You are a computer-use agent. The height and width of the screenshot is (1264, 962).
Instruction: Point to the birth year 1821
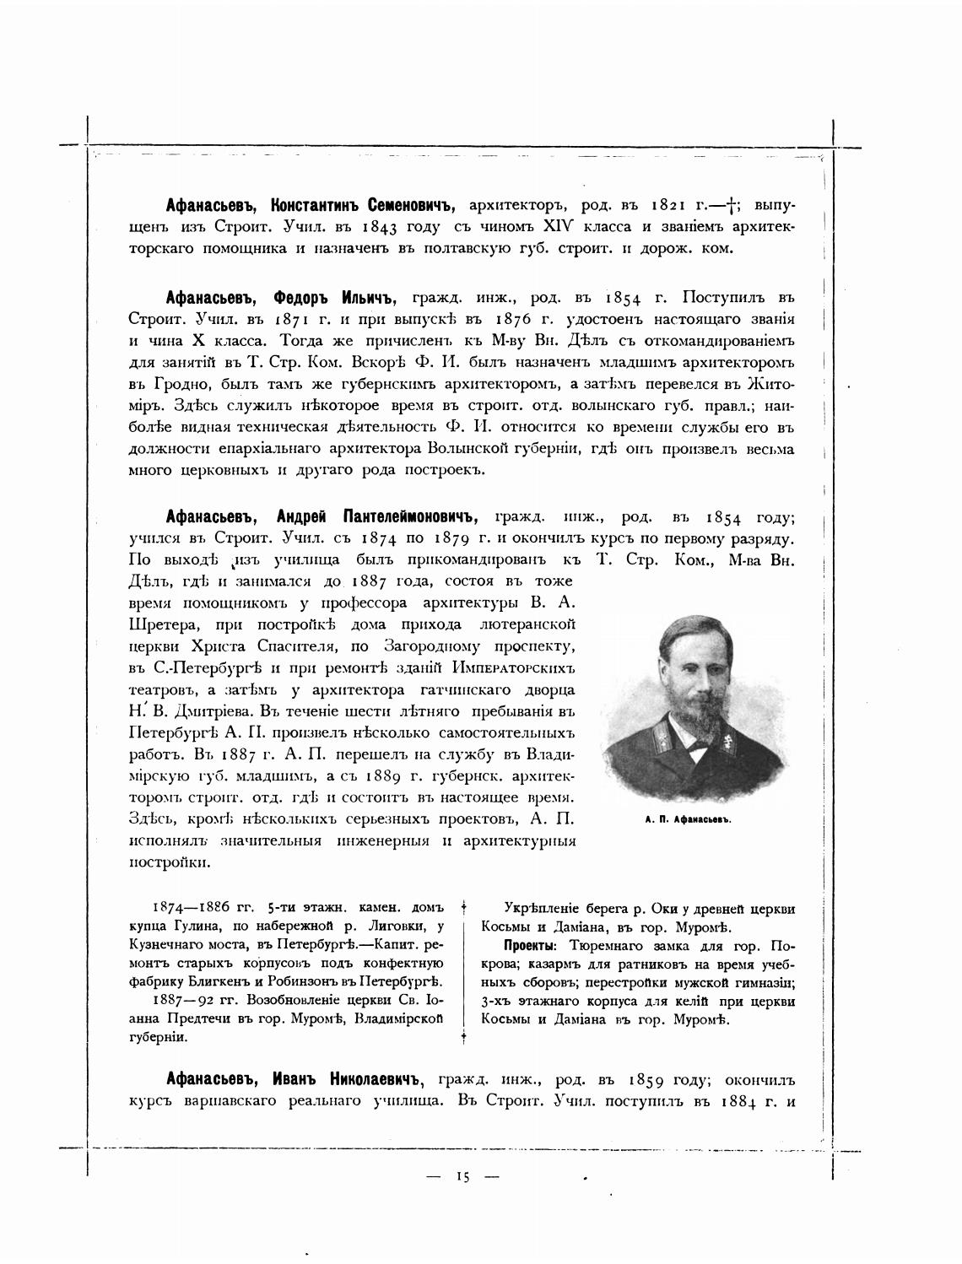(673, 205)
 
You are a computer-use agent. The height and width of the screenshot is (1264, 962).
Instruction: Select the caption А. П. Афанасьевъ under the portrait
(687, 819)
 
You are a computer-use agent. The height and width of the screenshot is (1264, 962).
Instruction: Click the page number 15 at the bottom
(462, 1177)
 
